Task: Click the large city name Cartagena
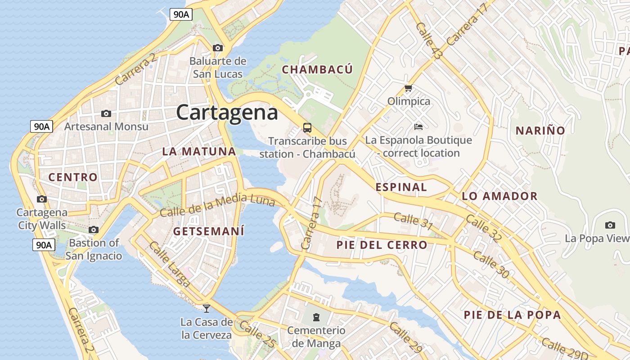pos(227,112)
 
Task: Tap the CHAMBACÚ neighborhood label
pos(317,70)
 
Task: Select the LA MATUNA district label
pos(199,152)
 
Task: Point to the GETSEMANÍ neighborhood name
pos(209,232)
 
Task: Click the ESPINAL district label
pos(401,187)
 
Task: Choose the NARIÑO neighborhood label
pos(540,131)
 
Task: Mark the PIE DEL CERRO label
pos(382,245)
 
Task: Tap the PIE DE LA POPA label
pos(512,315)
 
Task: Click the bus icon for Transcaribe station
pos(307,128)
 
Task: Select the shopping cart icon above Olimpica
pos(408,88)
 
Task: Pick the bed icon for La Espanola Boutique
pos(418,127)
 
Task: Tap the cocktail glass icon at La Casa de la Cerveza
pos(207,308)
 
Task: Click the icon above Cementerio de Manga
pos(316,317)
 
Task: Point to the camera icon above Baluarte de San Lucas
pos(218,48)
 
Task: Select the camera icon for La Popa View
pos(610,225)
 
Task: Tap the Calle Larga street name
pos(169,265)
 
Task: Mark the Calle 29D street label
pos(564,348)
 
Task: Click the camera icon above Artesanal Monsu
pos(106,113)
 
